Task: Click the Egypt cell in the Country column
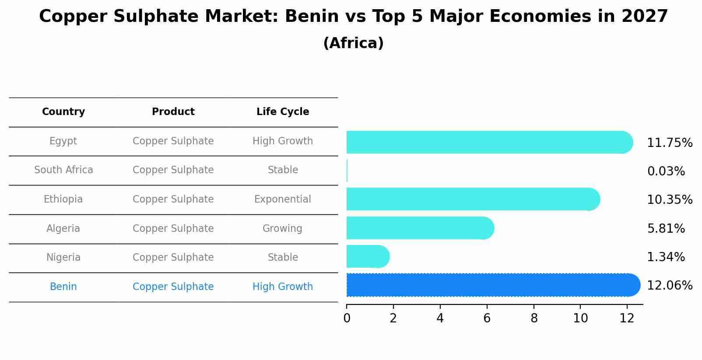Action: (63, 141)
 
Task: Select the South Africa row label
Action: (63, 170)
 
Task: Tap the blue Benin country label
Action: (63, 287)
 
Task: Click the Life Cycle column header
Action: (283, 112)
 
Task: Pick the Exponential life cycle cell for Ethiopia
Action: (283, 199)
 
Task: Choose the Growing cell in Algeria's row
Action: (282, 228)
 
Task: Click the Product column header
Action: (173, 112)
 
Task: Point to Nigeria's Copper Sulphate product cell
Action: (173, 257)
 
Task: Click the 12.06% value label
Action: (670, 286)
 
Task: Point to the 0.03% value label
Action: (666, 171)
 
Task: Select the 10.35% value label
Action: (670, 200)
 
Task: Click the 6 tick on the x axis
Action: (487, 318)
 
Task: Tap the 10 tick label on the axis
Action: (580, 318)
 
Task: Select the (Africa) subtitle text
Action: (353, 43)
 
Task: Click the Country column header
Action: (63, 112)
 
